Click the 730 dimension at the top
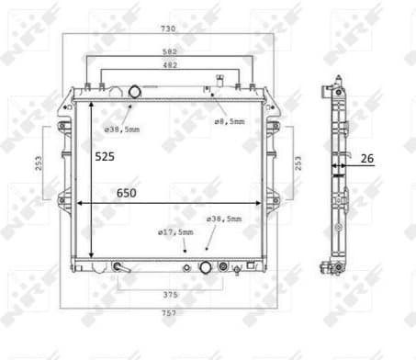pos(167,29)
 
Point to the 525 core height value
pos(106,157)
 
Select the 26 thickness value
pos(366,159)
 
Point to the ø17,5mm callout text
pos(175,232)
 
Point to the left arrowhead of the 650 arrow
pos(80,203)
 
